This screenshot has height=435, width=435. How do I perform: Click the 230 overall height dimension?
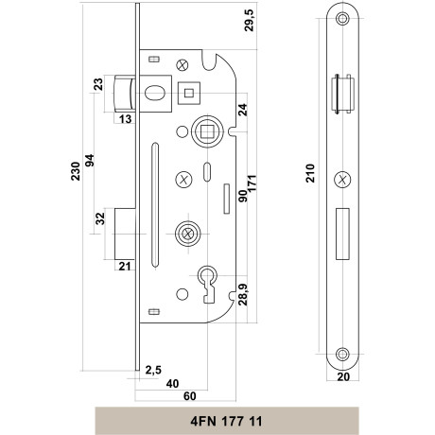pos(76,171)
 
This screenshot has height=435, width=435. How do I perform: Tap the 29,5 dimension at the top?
pos(249,20)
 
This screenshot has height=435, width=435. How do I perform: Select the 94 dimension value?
pos(90,161)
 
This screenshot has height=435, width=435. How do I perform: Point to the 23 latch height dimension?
pos(98,84)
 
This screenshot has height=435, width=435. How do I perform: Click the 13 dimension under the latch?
pos(125,119)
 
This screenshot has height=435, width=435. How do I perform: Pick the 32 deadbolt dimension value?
pos(100,218)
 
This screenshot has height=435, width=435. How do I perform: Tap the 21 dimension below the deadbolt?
pos(125,267)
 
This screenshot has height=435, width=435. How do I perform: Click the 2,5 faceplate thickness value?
pos(153,370)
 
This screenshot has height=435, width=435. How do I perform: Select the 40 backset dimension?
pos(172,384)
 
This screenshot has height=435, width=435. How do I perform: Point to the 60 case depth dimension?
pos(190,396)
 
